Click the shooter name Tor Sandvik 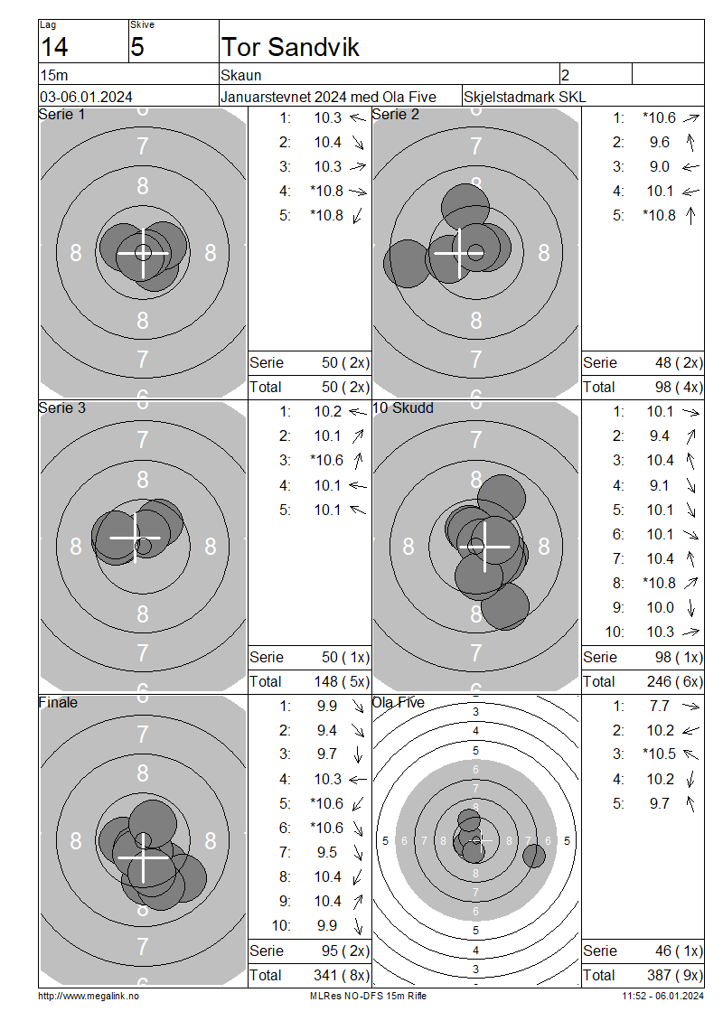point(290,47)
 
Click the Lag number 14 point(54,47)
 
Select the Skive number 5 point(136,47)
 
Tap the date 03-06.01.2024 point(86,97)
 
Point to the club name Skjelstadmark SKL point(524,97)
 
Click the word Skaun point(241,75)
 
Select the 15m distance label point(54,75)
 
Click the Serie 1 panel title point(61,115)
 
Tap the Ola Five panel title point(398,703)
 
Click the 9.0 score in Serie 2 point(659,166)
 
